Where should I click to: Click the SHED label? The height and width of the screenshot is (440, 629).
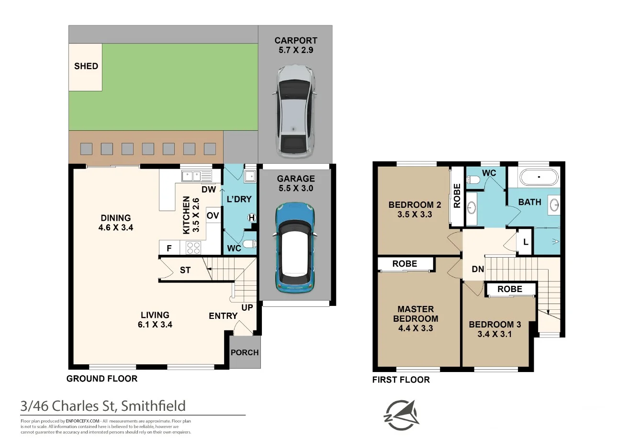[86, 66]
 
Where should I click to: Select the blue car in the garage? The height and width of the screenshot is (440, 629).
[295, 248]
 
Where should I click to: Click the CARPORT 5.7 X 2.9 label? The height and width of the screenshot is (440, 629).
[296, 45]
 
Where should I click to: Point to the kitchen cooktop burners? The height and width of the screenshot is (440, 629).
[193, 248]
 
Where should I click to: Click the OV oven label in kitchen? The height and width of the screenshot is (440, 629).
[213, 215]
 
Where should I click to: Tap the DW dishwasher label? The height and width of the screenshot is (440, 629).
[209, 190]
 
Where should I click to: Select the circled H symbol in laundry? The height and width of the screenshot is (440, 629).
[252, 218]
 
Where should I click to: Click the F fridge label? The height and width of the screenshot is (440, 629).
[169, 248]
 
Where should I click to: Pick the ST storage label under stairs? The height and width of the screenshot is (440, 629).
[185, 270]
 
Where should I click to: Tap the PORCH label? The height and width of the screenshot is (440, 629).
[245, 352]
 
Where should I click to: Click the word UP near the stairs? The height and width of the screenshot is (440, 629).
[247, 308]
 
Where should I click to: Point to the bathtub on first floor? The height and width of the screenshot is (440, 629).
[539, 177]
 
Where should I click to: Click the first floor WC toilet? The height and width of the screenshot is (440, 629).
[473, 179]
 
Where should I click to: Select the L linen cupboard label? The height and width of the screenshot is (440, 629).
[526, 242]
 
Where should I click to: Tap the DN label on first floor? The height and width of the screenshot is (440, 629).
[478, 269]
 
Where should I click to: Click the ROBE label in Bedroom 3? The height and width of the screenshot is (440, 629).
[510, 289]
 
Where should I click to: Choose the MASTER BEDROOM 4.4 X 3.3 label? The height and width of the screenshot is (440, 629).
[416, 319]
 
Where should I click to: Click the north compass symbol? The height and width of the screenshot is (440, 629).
[402, 415]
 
